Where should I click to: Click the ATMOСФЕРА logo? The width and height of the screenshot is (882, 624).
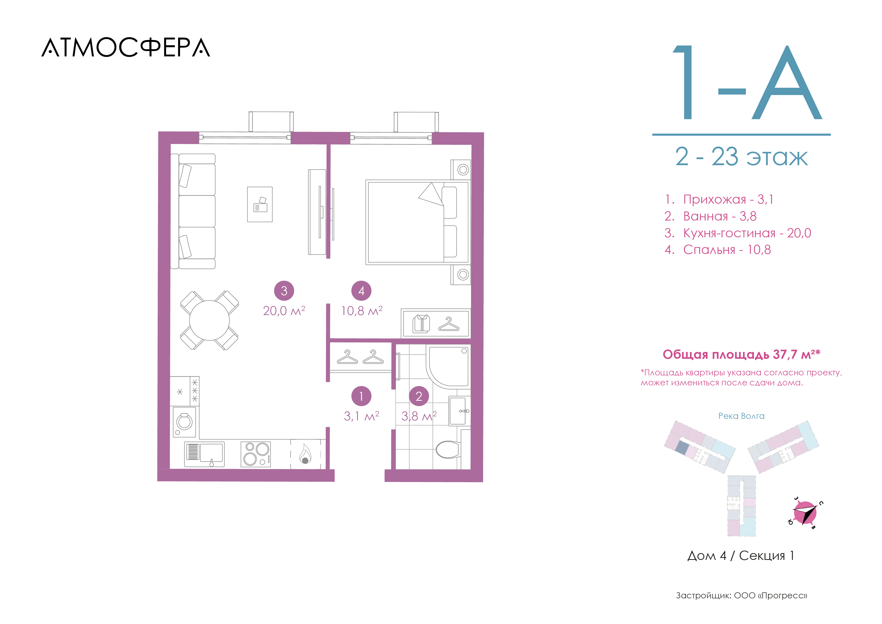[x=126, y=48]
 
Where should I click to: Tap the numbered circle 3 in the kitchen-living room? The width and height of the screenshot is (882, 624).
[x=284, y=291]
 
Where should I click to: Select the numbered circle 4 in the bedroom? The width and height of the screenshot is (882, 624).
[x=361, y=291]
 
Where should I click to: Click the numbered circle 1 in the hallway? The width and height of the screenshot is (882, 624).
[x=361, y=396]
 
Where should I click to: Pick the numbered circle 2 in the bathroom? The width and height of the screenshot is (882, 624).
[x=419, y=396]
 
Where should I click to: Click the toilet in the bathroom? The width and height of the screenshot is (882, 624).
[x=448, y=450]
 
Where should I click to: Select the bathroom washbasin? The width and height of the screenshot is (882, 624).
[x=458, y=411]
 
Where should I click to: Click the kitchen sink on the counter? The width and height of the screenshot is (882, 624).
[x=204, y=454]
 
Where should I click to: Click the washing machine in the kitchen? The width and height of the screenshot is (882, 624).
[x=184, y=422]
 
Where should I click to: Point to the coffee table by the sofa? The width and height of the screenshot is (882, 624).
[x=260, y=204]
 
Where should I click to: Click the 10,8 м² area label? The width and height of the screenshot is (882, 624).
[x=362, y=310]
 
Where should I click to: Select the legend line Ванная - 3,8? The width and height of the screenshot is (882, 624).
[x=711, y=216]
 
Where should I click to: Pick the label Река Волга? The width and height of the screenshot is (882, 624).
[x=741, y=416]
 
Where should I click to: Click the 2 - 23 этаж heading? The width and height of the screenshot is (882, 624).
[x=741, y=157]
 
